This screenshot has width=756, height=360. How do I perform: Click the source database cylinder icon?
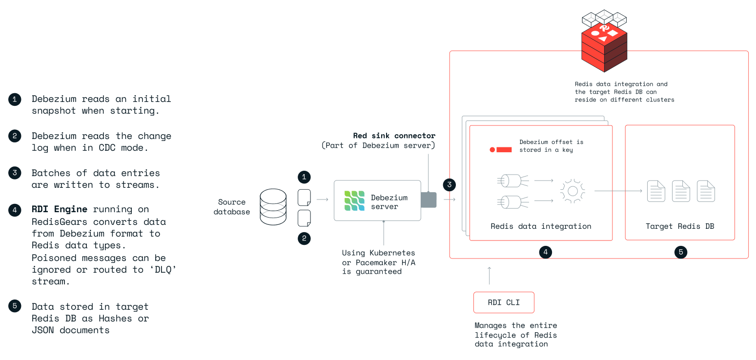click(273, 207)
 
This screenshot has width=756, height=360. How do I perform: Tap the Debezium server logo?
click(354, 200)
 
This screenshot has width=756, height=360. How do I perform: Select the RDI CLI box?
click(504, 302)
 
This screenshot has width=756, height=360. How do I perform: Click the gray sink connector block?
click(429, 200)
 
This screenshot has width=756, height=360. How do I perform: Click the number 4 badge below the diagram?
click(545, 252)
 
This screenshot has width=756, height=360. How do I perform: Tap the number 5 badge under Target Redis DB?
click(680, 252)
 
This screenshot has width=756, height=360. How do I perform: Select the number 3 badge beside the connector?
click(449, 185)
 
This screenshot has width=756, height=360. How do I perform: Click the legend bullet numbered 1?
click(15, 100)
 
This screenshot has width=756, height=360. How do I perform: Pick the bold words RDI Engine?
click(60, 209)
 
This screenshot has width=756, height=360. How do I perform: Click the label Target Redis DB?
click(680, 226)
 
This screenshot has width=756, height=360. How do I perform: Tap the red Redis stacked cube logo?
click(604, 46)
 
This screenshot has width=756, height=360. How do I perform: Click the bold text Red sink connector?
click(394, 136)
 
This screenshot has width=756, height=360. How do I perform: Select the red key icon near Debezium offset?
click(501, 149)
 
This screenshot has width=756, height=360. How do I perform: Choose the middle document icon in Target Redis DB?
click(681, 191)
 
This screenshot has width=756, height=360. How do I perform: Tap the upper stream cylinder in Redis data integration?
click(511, 181)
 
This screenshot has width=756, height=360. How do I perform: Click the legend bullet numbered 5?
click(15, 306)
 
